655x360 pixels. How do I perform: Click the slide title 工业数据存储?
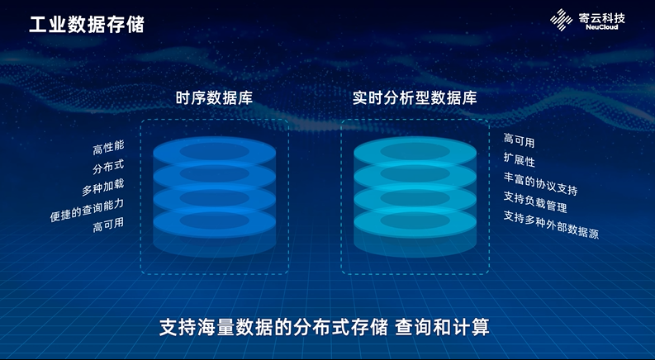point(87,24)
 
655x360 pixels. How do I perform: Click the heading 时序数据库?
point(214,97)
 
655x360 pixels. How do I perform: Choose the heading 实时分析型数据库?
point(414,97)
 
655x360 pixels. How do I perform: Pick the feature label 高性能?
point(107,149)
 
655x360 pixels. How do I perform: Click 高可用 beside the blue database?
point(107,225)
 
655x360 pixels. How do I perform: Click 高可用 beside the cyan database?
point(520,141)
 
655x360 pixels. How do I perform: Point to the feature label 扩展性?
point(520,159)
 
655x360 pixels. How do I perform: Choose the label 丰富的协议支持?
point(540,183)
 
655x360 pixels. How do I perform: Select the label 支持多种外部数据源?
point(551,224)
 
